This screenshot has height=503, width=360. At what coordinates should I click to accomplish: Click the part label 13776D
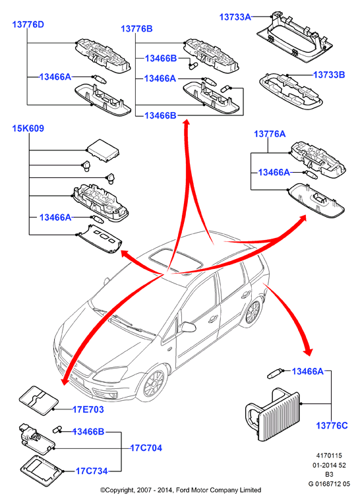[x=28, y=24]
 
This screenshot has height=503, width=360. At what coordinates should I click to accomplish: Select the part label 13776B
[x=136, y=29]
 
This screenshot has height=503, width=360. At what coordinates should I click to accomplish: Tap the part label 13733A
[x=235, y=17]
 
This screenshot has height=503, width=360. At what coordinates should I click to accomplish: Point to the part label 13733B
[x=329, y=74]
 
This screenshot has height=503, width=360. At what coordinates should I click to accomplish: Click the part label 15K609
[x=28, y=129]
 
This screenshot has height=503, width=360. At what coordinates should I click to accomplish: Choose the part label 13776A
[x=270, y=134]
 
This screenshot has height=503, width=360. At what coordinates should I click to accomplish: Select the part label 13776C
[x=332, y=425]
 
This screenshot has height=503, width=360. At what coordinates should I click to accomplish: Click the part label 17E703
[x=88, y=409]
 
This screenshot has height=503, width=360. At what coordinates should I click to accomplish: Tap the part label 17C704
[x=146, y=448]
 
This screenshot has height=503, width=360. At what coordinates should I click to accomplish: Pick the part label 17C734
[x=92, y=471]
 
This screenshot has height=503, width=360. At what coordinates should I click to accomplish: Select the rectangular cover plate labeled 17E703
[x=39, y=400]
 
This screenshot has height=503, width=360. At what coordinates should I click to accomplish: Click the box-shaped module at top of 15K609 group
[x=103, y=150]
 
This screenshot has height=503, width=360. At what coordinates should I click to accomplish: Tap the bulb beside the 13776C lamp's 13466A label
[x=276, y=374]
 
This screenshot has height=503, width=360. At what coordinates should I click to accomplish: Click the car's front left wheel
[x=154, y=386]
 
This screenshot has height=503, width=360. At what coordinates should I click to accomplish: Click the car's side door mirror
[x=189, y=327]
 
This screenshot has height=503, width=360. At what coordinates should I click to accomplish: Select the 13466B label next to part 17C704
[x=88, y=432]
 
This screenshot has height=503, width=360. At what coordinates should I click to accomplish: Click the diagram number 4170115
[x=329, y=456]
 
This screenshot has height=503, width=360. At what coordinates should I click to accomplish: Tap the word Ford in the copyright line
[x=182, y=490]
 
